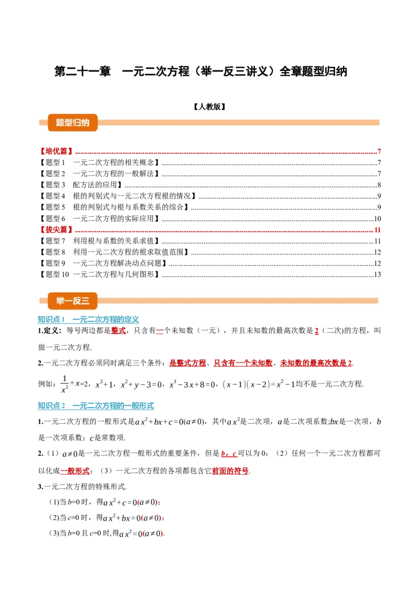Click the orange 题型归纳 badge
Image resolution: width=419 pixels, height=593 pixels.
point(73,123)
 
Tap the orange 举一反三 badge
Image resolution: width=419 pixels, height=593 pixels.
point(73,301)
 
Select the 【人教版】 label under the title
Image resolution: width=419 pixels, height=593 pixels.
point(210,107)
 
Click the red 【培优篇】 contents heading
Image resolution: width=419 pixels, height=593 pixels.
point(56,151)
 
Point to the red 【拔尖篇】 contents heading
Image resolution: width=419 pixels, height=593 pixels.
point(56,229)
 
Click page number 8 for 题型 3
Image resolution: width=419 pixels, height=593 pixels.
point(379,185)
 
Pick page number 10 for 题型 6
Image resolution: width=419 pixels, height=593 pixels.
point(378,218)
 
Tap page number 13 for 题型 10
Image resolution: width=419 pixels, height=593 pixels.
point(378,274)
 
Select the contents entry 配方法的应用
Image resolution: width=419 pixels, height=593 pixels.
point(95,185)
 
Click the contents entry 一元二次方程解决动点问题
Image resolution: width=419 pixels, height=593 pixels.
point(117,263)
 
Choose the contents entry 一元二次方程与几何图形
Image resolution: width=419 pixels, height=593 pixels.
point(114,274)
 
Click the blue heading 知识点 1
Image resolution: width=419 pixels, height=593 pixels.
point(51,320)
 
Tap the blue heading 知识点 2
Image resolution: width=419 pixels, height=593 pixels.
point(51,406)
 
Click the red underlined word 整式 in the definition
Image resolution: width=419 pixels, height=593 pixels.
point(118,331)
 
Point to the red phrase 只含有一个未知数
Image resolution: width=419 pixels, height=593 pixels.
point(243,363)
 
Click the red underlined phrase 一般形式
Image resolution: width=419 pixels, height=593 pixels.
point(75,471)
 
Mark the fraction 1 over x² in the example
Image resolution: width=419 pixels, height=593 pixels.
point(64,384)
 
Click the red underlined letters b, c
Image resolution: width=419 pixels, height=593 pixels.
point(229,454)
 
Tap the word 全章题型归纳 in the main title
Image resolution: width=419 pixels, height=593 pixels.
point(313,71)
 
